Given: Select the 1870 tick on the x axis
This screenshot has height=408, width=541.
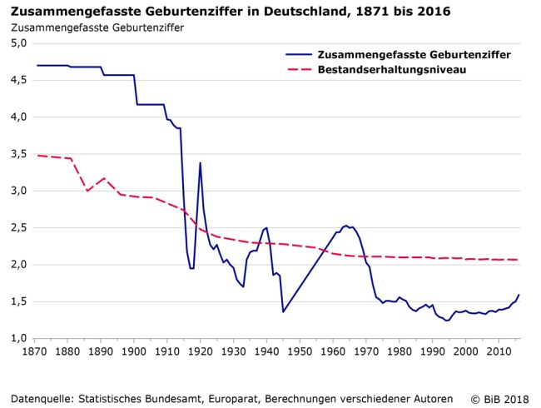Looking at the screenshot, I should [x=35, y=353].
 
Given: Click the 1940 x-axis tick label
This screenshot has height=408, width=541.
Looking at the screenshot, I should [x=266, y=353].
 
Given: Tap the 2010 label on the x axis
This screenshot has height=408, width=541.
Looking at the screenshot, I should [x=498, y=353].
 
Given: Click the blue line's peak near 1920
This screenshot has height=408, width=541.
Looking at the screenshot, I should [x=200, y=163].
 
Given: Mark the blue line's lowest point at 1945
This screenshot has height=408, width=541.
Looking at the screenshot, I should [x=283, y=312].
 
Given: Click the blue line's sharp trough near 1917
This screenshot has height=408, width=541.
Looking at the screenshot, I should [x=191, y=268].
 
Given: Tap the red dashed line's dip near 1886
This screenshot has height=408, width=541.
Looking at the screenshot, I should [x=87, y=191].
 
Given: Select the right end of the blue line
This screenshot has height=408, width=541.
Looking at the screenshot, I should [x=519, y=295].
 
